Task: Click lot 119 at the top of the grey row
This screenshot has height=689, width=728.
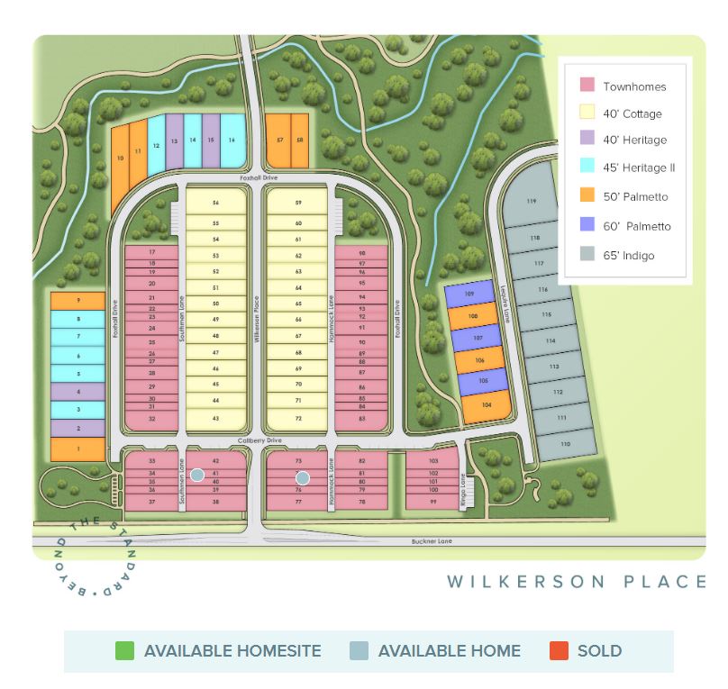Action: coord(532,200)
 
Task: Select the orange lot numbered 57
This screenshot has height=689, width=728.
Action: coord(280,141)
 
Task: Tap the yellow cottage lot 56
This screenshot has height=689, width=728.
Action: coord(215,204)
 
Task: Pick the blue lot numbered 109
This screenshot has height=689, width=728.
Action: coord(469,294)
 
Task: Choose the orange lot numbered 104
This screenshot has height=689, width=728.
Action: coord(487,406)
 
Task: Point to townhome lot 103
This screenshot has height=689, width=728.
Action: coord(432,460)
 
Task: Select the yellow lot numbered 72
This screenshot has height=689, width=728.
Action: coord(297,419)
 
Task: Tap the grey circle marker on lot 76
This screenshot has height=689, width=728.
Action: coord(304,478)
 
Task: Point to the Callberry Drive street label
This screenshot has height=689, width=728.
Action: coord(261,440)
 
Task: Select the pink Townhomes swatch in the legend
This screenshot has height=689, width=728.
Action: coord(587,85)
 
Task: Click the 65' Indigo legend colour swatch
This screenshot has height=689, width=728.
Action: coord(587,254)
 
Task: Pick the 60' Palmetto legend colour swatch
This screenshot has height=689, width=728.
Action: coord(587,225)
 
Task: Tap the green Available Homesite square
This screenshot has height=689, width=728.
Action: coord(125,650)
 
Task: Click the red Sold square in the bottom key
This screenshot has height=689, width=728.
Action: coord(559,650)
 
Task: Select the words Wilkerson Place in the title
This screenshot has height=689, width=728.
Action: coord(577,582)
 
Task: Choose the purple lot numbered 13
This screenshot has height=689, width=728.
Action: coord(174,141)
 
